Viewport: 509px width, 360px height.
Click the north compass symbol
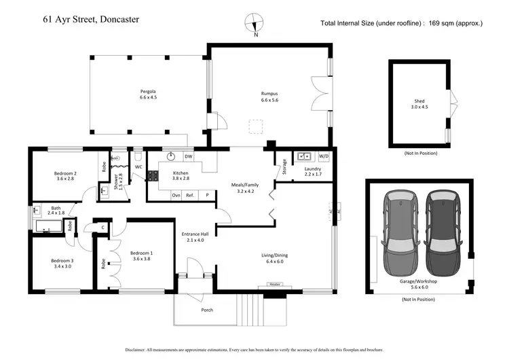tap(255, 22)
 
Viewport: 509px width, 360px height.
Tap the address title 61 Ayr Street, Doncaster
tap(90, 20)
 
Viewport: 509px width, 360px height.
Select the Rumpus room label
tap(269, 94)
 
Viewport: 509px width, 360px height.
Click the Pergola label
tap(148, 91)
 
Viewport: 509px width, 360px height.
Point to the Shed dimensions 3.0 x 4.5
tap(419, 107)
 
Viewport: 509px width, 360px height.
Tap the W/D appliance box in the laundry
tap(323, 156)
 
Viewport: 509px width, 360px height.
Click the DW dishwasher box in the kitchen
tap(188, 156)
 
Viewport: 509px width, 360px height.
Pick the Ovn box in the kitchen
tap(175, 196)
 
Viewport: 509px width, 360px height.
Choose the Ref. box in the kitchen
tap(190, 196)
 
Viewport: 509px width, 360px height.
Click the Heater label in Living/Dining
tap(274, 285)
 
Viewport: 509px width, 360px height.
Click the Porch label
tap(207, 310)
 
